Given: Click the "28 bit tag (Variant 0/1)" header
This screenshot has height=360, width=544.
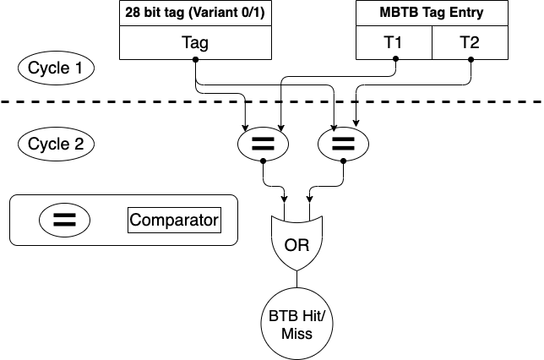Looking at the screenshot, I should pos(195,14).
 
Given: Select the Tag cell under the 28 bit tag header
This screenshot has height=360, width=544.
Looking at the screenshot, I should pos(195,42).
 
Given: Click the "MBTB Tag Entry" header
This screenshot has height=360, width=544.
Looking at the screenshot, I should pos(432,14).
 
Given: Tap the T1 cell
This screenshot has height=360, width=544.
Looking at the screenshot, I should pos(394,42).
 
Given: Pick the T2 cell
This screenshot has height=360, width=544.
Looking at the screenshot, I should pos(470,42).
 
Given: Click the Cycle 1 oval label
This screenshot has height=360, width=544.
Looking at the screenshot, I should pos(56,68).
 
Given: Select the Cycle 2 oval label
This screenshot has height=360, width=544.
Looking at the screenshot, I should pos(56,143).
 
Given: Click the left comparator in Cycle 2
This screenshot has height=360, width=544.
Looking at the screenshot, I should pos(264,143).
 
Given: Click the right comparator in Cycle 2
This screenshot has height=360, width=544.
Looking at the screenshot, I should pos(342,143).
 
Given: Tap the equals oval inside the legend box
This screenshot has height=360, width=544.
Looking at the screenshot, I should pos(65,221).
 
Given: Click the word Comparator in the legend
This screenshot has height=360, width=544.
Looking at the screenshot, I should pos(174,221).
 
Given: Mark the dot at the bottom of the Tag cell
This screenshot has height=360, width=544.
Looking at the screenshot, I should pos(195,60).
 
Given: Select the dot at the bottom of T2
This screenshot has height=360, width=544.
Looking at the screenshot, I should pos(470,60).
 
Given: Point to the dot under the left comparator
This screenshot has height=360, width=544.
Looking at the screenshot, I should pos(264,159).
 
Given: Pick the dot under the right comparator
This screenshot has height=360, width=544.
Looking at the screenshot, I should pos(342,159).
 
